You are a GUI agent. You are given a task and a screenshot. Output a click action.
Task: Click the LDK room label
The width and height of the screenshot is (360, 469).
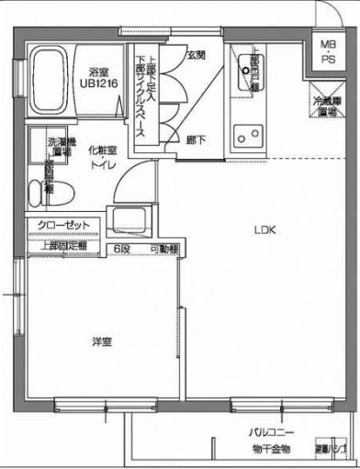tap(265, 230)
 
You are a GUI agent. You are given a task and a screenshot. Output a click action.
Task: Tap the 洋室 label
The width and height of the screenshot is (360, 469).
tap(102, 341)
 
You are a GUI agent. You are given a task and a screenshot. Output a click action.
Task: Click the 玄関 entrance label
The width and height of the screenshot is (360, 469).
tap(196, 55)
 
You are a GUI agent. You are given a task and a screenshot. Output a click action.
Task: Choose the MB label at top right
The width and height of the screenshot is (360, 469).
tap(328, 44)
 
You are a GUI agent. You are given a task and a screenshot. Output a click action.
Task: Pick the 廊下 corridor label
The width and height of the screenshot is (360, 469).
tap(196, 140)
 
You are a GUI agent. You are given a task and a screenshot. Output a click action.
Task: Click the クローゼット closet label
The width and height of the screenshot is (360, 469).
tap(63, 225)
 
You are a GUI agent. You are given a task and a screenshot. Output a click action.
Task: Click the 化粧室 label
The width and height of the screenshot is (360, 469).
tap(102, 150)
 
